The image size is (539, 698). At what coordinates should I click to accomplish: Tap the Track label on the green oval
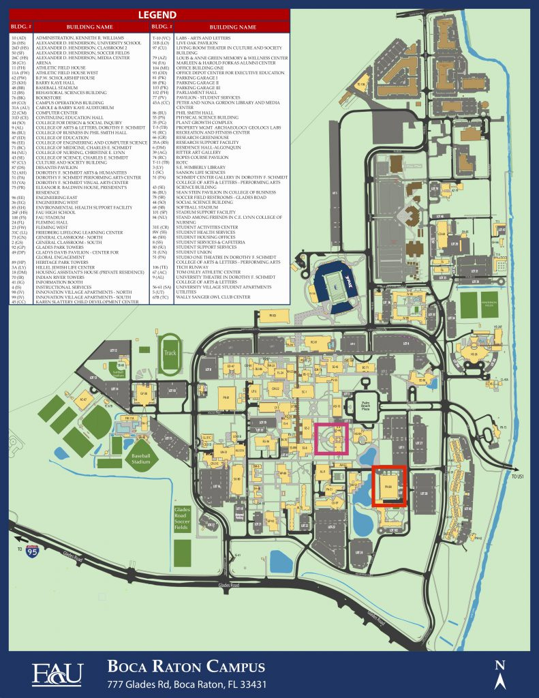click(170, 352)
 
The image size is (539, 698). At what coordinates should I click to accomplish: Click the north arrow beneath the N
click(500, 680)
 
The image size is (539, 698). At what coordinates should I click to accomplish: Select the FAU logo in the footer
click(57, 673)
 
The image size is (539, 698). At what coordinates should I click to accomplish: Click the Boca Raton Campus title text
click(186, 666)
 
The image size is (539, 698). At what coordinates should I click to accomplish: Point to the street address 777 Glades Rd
click(186, 684)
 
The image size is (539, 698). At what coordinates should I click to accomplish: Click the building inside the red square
click(389, 486)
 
